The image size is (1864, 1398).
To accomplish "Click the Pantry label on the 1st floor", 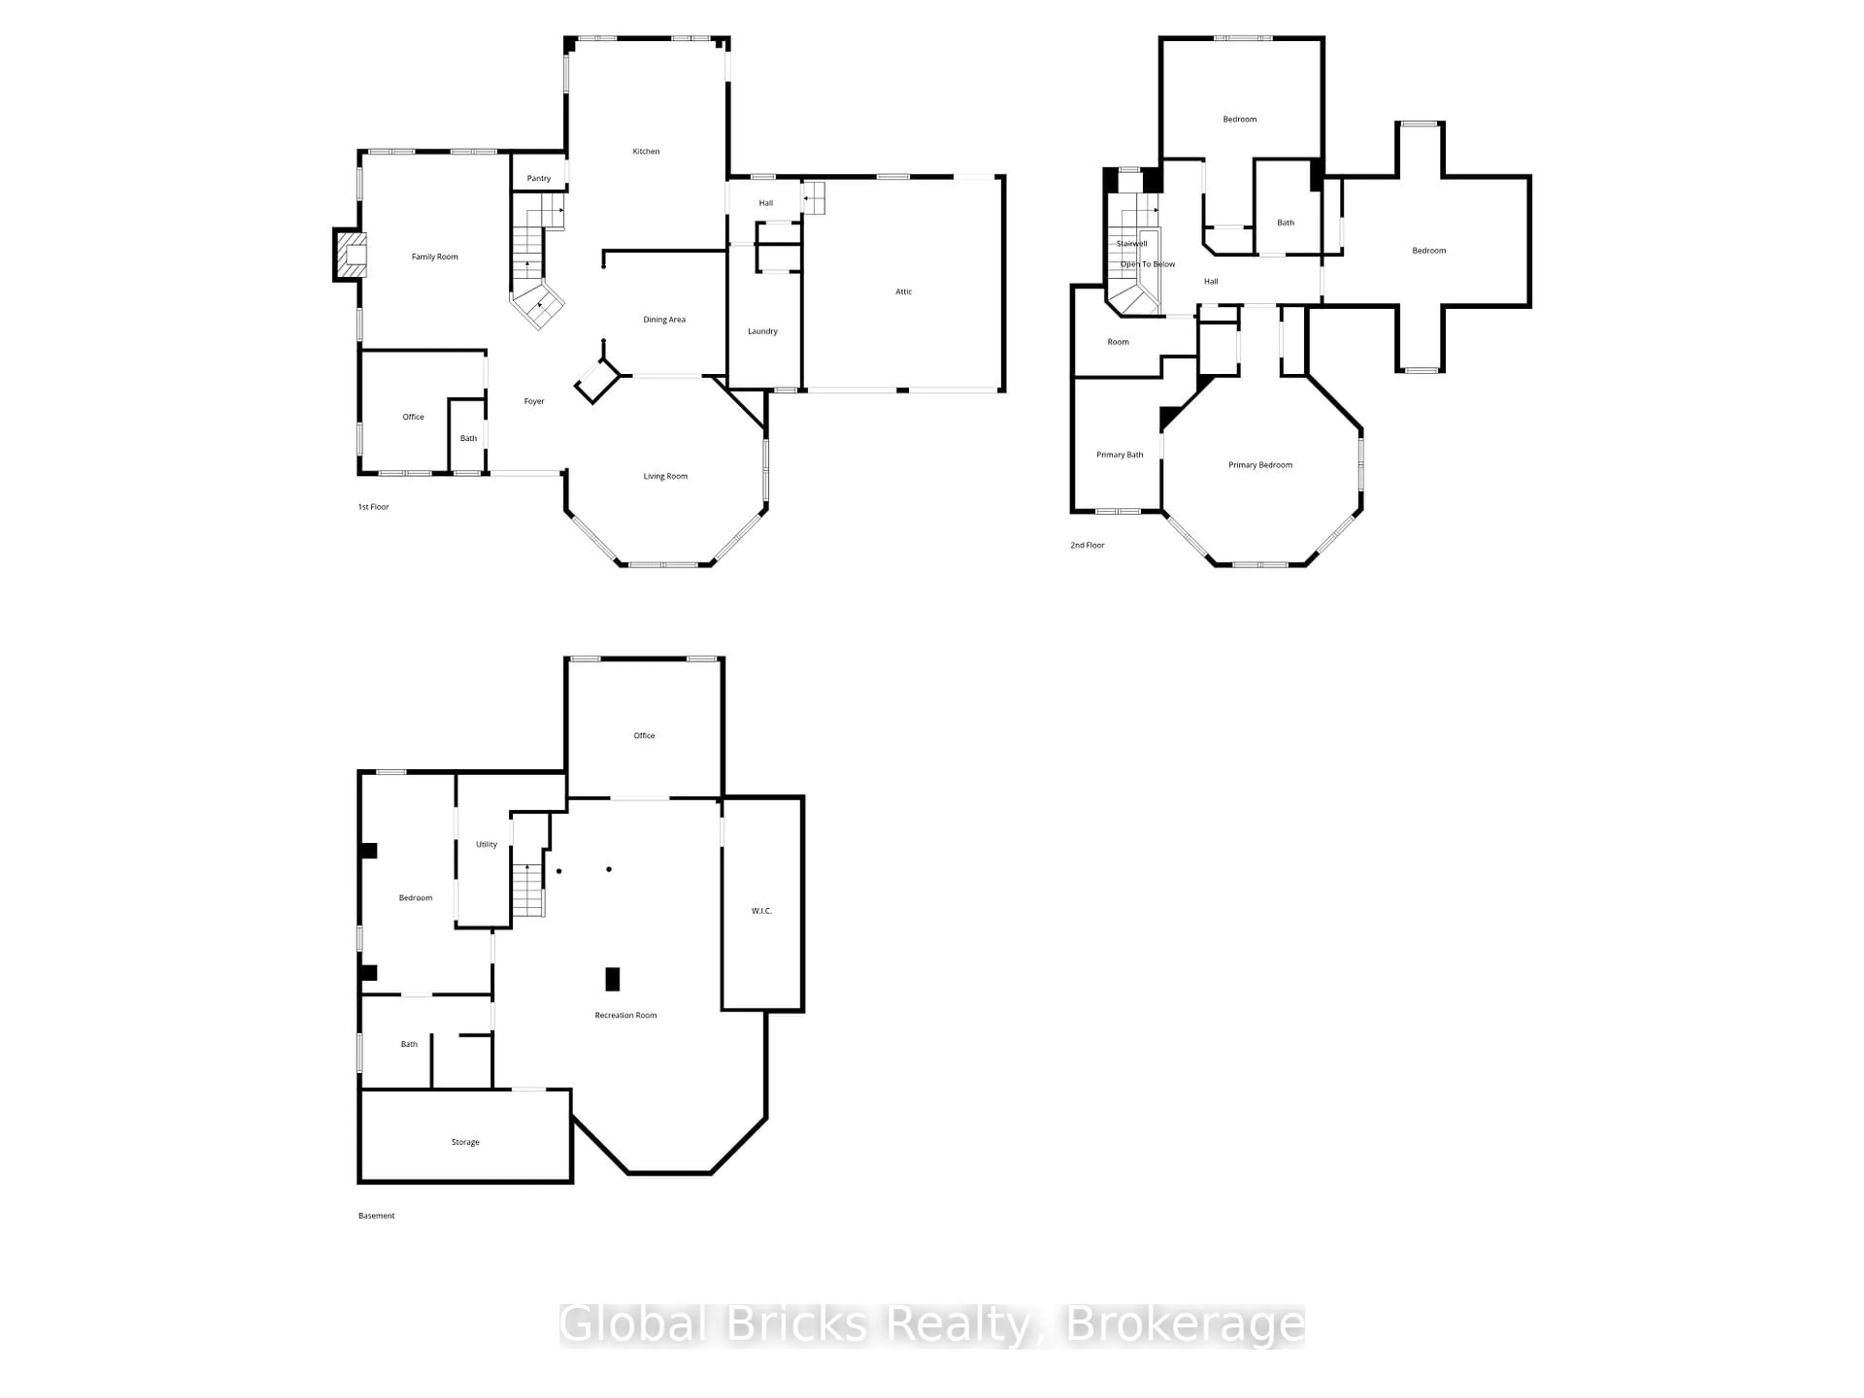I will coord(538,179).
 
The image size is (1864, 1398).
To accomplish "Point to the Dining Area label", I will coord(664,319).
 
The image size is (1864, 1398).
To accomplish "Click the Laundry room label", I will coord(763,331).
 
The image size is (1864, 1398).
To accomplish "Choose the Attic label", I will coord(903,292).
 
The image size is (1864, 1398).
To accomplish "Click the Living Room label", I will coord(666,476).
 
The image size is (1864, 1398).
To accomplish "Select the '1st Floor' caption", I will coord(373,506).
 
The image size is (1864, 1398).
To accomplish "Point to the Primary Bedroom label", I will coord(1260,465).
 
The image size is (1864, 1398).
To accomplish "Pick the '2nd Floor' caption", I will coord(1087,545).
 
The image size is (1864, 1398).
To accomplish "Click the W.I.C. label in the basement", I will coord(762,911).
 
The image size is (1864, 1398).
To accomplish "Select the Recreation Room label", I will coord(625,1015).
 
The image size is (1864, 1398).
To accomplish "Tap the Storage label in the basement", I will coord(465,1142).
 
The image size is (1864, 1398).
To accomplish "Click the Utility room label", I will coord(486,844).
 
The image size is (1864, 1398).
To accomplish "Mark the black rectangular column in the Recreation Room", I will coord(613,979).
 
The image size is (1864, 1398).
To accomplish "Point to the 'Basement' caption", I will coord(377,1215).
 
